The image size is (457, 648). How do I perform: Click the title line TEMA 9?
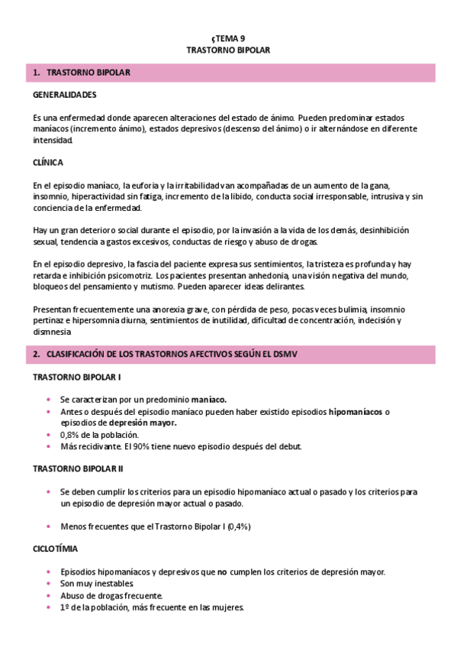pos(228,37)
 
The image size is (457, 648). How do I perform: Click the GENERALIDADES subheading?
pos(65,95)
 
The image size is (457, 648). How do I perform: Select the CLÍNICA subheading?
pos(48,163)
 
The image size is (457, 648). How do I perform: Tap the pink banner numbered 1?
pos(233,73)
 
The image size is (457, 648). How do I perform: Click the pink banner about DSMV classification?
pos(233,355)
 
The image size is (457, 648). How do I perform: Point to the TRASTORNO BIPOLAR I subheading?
pos(77,377)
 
